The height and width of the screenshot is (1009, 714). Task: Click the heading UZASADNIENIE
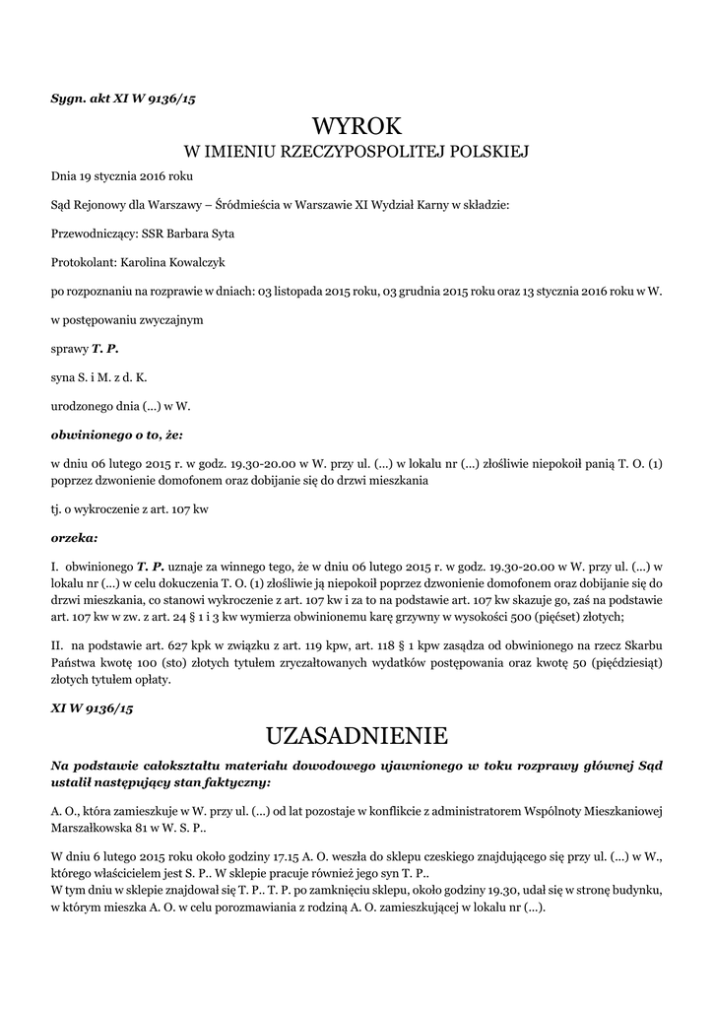click(357, 735)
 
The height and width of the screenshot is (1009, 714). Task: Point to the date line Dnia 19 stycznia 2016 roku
click(122, 176)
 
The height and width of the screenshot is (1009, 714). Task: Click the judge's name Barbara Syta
click(202, 234)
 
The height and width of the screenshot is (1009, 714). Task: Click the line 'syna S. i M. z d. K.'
click(99, 376)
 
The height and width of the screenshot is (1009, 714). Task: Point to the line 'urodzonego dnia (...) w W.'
click(120, 405)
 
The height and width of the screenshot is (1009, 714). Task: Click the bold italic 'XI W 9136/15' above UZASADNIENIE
click(92, 707)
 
